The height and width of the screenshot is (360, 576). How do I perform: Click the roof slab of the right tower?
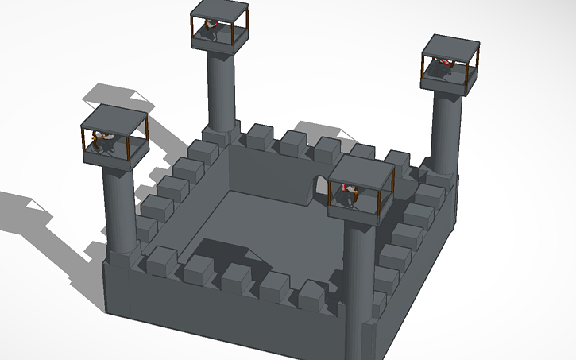[451, 47]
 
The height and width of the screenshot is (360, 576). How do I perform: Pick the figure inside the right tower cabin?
[442, 68]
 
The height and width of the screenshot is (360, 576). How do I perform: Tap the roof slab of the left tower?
[115, 119]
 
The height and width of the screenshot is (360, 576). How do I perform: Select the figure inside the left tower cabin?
[103, 143]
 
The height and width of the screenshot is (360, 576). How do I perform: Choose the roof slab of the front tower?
[361, 172]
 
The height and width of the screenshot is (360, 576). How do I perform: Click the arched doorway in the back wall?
[320, 191]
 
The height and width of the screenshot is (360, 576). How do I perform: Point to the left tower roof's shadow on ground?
[119, 94]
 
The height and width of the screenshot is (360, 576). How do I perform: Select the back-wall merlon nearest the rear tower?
[260, 136]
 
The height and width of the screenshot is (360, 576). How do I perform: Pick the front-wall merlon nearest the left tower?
[163, 261]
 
